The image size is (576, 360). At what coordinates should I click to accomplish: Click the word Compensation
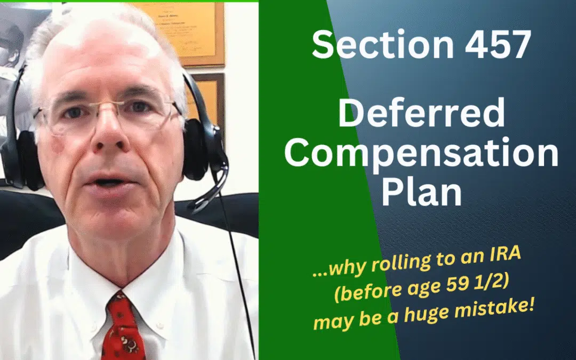coord(421,154)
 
